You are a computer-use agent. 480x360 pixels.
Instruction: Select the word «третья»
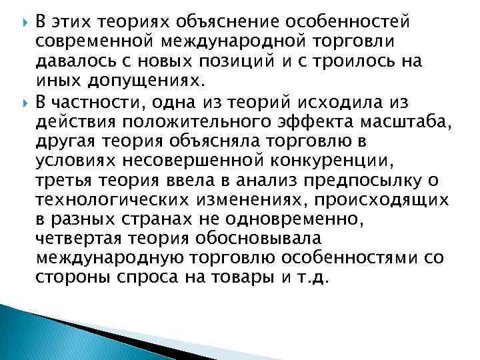64,181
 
